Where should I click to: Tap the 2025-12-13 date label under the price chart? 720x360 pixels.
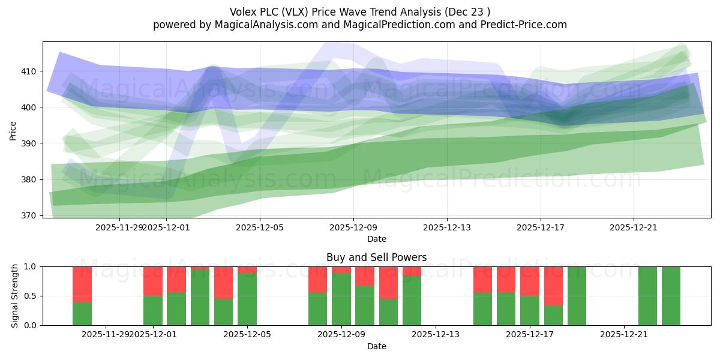446,228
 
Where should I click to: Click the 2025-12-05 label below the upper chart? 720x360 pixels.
260,228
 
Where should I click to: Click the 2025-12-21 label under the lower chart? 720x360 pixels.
624,335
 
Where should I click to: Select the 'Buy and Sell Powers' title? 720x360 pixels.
376,257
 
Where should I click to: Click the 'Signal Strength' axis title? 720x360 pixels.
15,296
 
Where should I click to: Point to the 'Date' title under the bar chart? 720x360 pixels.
376,346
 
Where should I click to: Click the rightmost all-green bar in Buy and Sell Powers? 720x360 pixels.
671,296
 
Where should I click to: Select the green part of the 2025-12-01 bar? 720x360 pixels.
153,310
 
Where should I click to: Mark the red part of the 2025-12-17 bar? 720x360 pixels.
530,281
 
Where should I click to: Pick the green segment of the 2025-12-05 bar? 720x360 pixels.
247,299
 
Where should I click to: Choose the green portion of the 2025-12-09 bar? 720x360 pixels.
341,299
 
